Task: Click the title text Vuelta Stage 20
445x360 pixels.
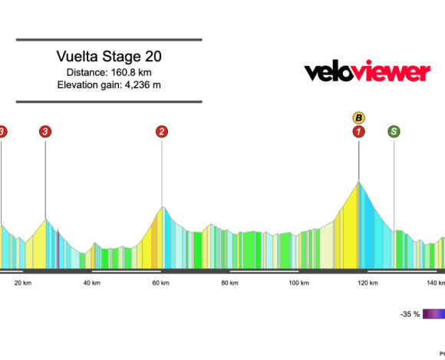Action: coord(108,57)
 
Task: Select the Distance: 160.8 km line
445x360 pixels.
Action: coord(108,71)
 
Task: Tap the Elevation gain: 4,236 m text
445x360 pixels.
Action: coord(108,84)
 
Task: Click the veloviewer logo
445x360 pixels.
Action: coord(367,72)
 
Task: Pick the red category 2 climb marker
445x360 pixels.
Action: coord(162,131)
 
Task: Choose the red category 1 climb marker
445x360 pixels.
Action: coord(358,131)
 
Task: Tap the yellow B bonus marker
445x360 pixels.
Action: coord(358,117)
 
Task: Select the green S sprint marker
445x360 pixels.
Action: coord(394,131)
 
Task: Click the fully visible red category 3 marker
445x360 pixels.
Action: coord(45,131)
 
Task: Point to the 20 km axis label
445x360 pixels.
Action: coord(23,283)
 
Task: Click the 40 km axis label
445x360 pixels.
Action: coord(91,283)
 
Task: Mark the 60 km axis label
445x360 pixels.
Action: coord(160,283)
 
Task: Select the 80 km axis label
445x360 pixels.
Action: coord(228,283)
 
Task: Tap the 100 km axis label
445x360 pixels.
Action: coord(298,283)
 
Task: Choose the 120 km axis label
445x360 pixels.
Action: coord(367,283)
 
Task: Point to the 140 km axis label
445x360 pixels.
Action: coord(434,283)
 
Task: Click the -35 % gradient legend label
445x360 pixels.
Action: coord(410,314)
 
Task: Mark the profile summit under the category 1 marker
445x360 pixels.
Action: coord(358,182)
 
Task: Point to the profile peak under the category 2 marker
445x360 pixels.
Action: coord(162,207)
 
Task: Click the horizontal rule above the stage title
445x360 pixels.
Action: coord(108,39)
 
